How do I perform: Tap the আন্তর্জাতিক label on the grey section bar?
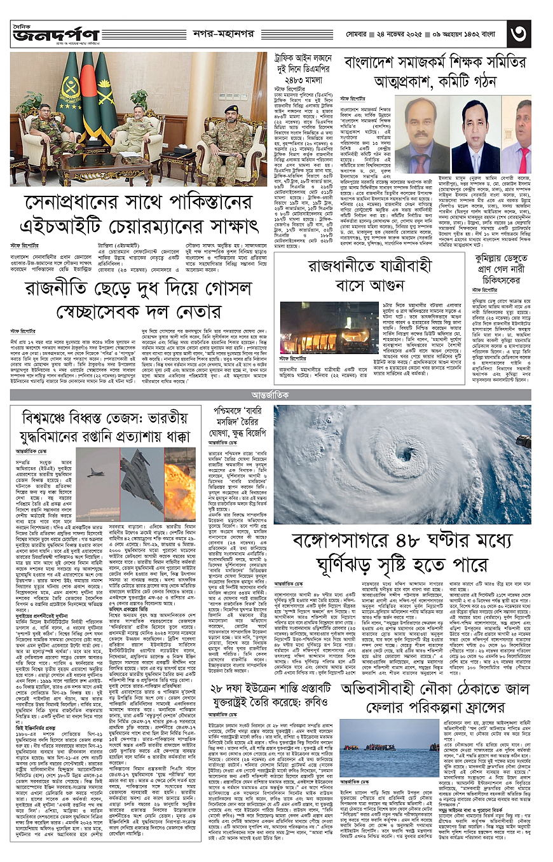[x=276, y=395]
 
